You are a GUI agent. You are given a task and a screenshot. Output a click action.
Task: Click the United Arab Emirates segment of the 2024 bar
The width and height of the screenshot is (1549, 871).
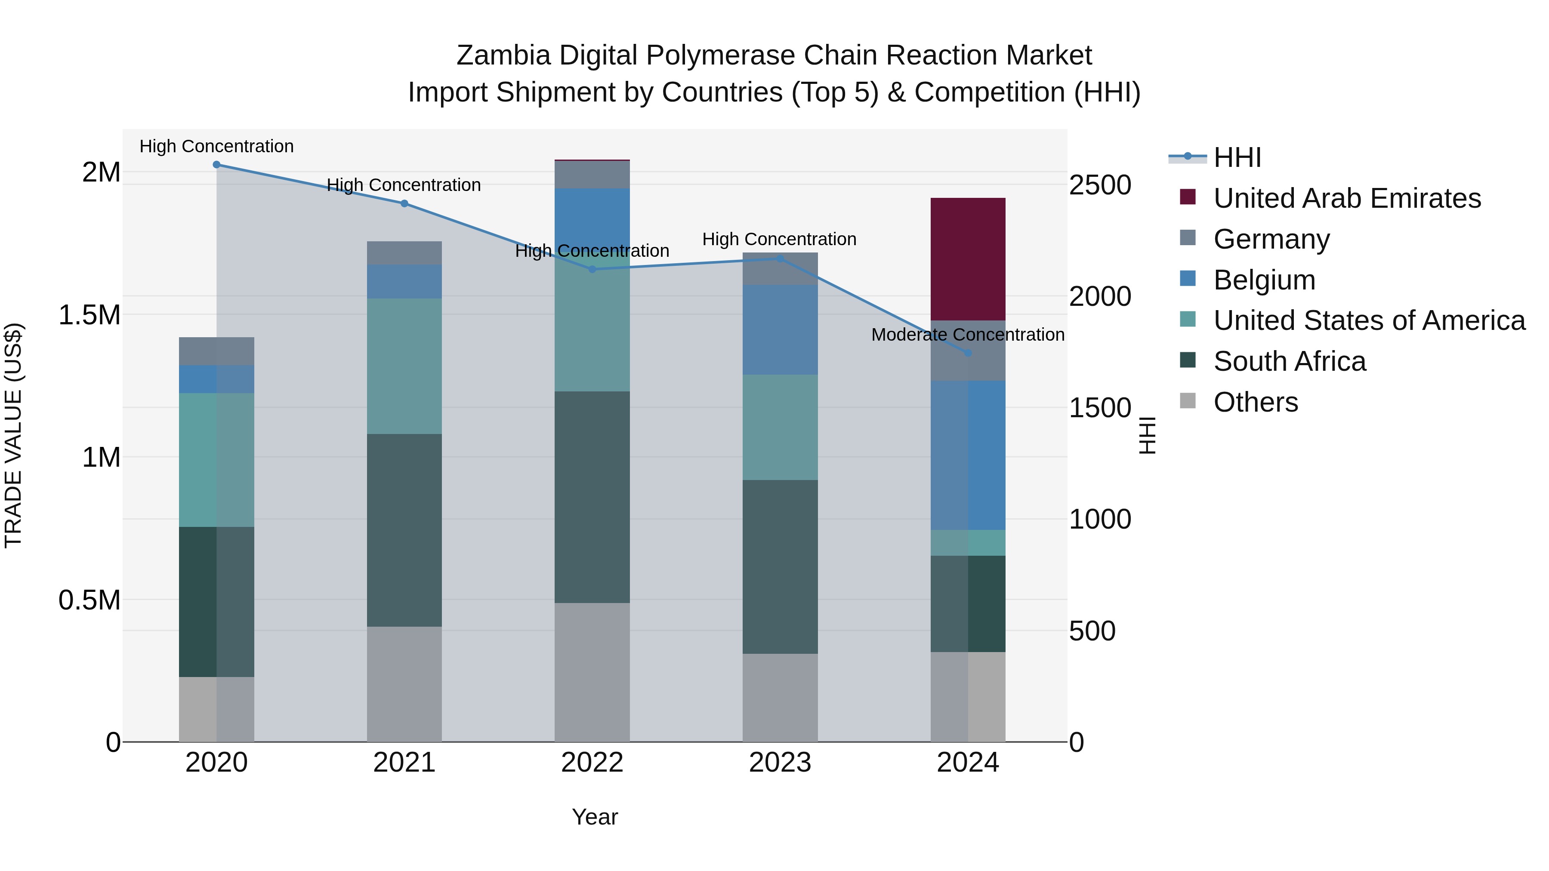click(x=968, y=259)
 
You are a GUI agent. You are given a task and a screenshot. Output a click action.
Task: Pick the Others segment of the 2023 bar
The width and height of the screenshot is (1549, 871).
click(x=780, y=697)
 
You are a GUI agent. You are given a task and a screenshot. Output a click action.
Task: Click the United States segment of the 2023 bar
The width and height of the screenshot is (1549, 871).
click(x=780, y=428)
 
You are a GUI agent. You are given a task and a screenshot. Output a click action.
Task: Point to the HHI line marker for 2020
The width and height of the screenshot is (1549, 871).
click(x=216, y=165)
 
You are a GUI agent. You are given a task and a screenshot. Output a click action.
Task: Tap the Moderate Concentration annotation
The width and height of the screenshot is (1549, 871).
click(x=968, y=335)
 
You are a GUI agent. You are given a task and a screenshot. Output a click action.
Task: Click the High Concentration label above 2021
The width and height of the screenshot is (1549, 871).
click(x=404, y=185)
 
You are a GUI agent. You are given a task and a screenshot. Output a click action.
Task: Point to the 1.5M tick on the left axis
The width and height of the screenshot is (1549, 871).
click(x=89, y=315)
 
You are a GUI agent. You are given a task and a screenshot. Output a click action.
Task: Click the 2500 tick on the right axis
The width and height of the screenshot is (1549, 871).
click(x=1100, y=185)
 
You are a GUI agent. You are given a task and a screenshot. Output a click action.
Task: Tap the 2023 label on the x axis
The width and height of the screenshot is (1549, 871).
click(x=780, y=763)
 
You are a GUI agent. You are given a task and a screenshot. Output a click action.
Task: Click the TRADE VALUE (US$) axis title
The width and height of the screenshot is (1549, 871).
click(x=13, y=435)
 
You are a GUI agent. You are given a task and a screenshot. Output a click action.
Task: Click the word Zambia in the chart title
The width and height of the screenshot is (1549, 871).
click(x=503, y=55)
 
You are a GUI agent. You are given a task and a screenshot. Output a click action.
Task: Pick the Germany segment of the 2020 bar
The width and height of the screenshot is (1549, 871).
click(x=216, y=352)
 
